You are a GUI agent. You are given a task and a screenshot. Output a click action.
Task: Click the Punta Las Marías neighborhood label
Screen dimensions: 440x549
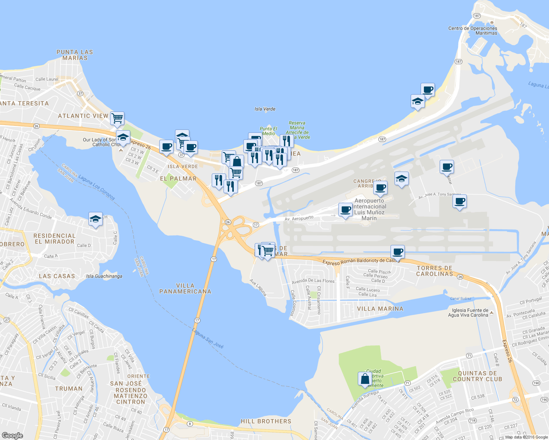coord(75,55)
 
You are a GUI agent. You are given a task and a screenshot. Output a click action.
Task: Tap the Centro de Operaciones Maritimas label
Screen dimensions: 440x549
coord(473,30)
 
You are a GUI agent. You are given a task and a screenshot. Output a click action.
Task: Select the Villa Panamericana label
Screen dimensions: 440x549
coord(185,289)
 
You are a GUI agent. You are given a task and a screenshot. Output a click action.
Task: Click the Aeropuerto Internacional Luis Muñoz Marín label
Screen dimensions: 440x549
coord(369,209)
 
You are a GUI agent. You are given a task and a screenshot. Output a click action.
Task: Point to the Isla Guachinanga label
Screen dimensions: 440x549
coord(104,276)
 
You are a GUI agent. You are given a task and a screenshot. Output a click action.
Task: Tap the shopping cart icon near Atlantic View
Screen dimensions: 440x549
coord(117,118)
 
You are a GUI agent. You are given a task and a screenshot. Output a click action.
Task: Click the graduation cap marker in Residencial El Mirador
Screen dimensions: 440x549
coord(95,219)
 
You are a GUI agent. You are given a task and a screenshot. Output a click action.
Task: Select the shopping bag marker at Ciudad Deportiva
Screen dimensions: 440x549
coord(365,379)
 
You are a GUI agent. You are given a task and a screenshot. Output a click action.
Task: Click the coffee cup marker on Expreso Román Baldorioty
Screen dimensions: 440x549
coord(397,252)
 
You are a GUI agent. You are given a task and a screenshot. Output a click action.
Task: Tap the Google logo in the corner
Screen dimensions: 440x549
coord(12,435)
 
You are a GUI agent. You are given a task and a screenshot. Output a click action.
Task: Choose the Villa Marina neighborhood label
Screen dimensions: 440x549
coord(380,309)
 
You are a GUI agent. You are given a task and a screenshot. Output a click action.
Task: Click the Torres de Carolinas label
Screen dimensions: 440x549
coord(435,271)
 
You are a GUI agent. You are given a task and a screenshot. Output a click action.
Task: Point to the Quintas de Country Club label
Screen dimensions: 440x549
coord(477,376)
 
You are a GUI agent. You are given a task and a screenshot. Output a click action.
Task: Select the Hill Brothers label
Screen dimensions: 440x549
coord(266,421)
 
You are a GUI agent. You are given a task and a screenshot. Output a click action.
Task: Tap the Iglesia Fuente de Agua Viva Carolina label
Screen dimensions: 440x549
coord(468,313)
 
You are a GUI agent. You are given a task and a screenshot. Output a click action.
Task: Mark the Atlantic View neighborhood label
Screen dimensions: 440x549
coord(83,116)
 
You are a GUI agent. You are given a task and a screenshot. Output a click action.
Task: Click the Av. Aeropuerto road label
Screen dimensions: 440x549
coord(299,219)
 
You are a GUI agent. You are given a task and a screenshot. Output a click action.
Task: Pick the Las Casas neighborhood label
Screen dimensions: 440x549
coord(57,276)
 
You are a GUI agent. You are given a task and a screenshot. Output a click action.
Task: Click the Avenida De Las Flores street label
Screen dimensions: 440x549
coord(313,281)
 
